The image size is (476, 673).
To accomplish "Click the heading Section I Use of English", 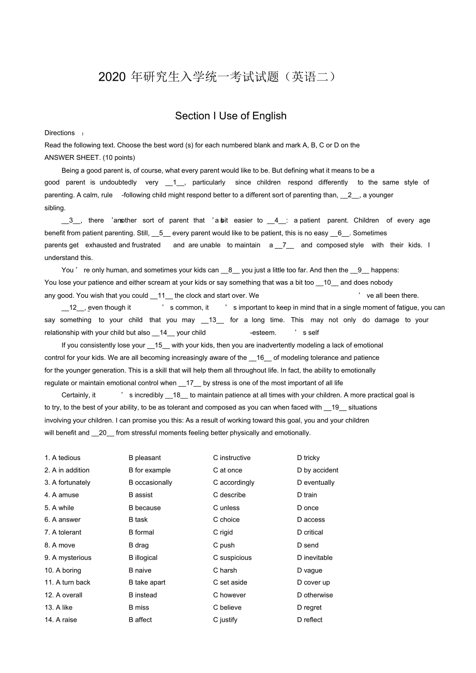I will tap(231, 116).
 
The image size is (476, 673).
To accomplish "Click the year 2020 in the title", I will tap(112, 77).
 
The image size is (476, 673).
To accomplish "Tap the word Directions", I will tap(59, 133).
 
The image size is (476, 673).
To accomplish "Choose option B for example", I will tap(150, 470).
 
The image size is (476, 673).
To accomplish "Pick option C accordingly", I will tap(234, 482).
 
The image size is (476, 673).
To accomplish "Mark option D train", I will tap(307, 495).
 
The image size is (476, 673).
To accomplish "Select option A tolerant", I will tap(63, 532).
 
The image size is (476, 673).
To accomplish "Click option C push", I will tap(224, 545).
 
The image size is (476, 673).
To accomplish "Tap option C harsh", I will tap(225, 570).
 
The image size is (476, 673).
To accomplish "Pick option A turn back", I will tap(68, 582).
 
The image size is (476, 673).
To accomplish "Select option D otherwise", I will tap(315, 595).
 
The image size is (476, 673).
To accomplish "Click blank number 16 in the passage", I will tap(260, 357).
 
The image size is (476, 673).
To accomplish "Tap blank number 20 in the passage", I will tap(103, 433).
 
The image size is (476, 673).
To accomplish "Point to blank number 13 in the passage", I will tap(213, 320).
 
